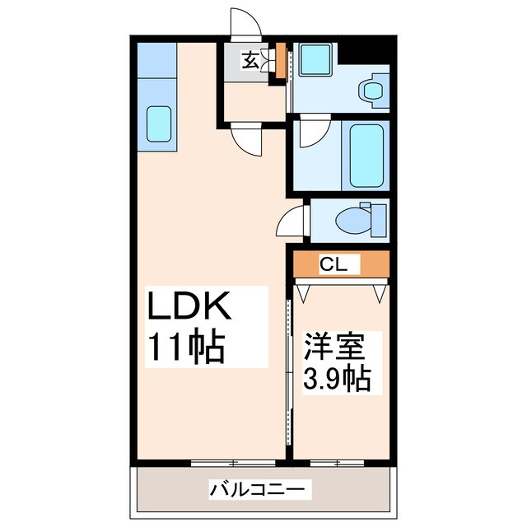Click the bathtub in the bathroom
click(x=366, y=155)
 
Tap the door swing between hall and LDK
click(x=247, y=138)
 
